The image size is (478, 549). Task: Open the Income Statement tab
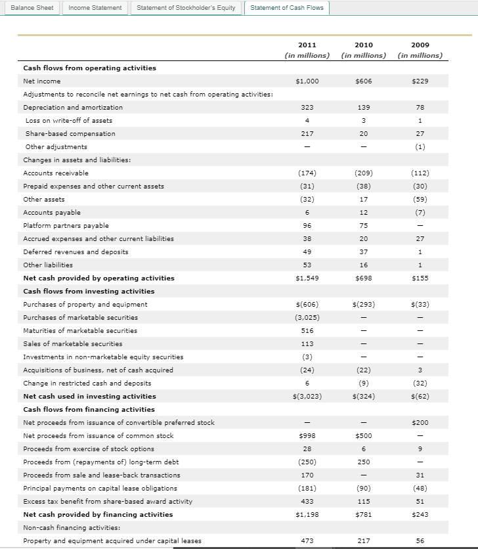[x=95, y=7]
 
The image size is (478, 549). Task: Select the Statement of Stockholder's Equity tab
[x=186, y=7]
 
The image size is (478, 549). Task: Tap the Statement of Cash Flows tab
[x=287, y=7]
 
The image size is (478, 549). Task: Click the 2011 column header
[x=307, y=45]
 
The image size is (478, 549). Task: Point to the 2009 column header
[x=420, y=45]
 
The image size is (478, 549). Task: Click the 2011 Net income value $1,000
[x=307, y=81]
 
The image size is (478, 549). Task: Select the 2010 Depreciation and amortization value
[x=363, y=107]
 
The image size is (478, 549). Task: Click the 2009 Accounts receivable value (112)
[x=420, y=173]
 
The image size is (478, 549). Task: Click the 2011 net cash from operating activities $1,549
[x=307, y=278]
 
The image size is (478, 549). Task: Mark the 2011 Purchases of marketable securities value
[x=307, y=317]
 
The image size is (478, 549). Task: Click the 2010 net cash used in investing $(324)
[x=363, y=396]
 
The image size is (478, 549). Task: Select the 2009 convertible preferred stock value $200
[x=420, y=422]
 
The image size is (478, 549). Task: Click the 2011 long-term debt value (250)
[x=307, y=462]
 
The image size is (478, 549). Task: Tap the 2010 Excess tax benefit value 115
[x=363, y=501]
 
